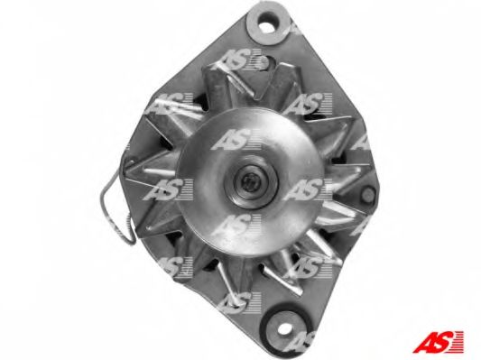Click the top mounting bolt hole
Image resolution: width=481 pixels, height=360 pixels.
pyautogui.click(x=268, y=24)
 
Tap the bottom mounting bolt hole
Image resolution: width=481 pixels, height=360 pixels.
pyautogui.click(x=284, y=328)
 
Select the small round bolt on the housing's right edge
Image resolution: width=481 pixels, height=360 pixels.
pyautogui.click(x=367, y=193)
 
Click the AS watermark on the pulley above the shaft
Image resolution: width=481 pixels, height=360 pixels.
pyautogui.click(x=236, y=139)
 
